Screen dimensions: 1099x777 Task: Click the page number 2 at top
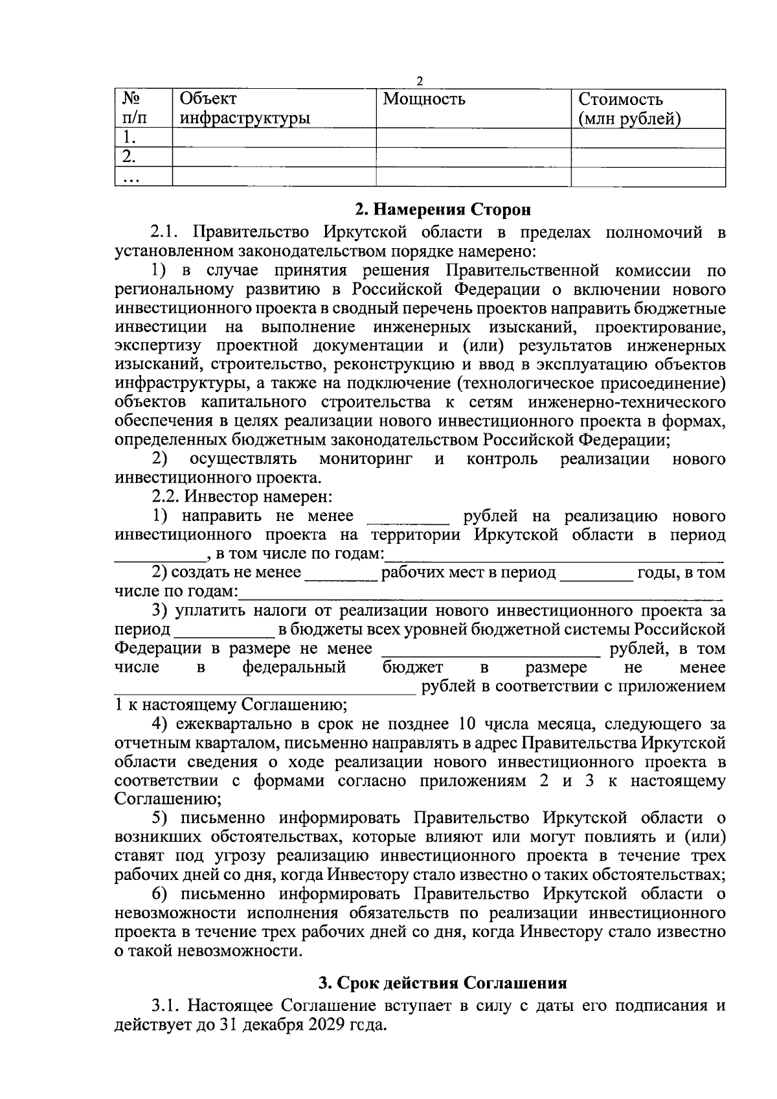tap(420, 81)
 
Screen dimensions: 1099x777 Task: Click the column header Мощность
tap(424, 100)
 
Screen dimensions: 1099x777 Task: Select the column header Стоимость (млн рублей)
tap(629, 109)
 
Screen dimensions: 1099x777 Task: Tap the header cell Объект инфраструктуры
tap(244, 109)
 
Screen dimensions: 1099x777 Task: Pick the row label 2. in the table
tap(129, 156)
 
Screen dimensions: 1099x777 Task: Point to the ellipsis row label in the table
tap(129, 178)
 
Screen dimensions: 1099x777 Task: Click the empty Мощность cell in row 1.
tap(473, 137)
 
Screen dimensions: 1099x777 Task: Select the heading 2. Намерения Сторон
tap(443, 210)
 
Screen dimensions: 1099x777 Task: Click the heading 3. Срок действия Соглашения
tap(442, 983)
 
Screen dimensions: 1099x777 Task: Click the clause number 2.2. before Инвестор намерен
tap(166, 497)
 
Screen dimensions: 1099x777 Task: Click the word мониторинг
tap(365, 459)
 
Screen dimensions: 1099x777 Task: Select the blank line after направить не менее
tap(408, 518)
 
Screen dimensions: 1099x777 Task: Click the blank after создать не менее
tap(341, 574)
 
